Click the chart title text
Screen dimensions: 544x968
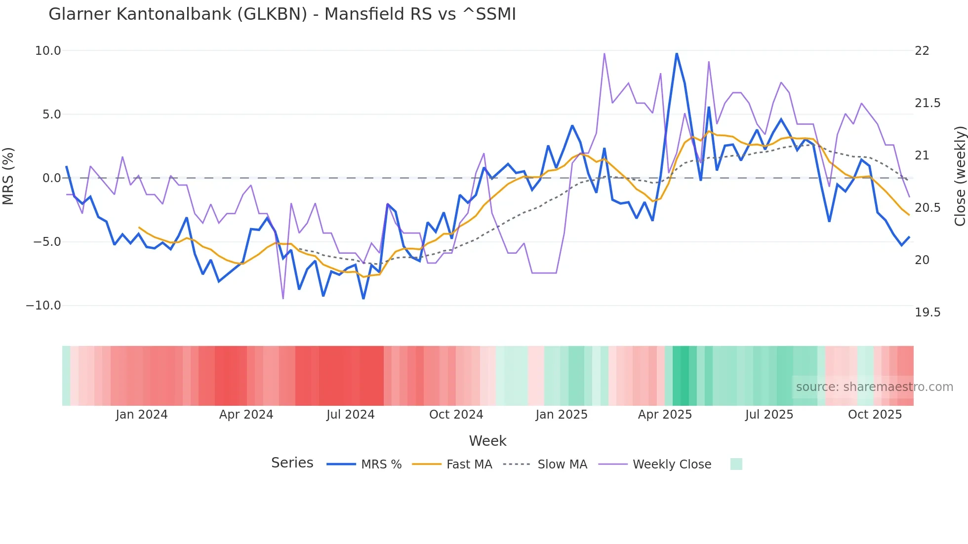point(282,14)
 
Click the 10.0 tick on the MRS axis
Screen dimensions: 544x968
point(48,51)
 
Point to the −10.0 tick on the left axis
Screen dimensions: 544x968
point(43,306)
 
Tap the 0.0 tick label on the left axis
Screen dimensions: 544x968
point(51,178)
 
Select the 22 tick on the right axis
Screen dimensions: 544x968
point(922,51)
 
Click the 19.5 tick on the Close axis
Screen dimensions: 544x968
point(928,312)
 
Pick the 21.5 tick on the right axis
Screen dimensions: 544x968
point(928,103)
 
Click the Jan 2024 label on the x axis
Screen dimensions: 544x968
point(142,415)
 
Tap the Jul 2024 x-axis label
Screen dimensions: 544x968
point(351,415)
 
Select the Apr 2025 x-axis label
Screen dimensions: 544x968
point(665,415)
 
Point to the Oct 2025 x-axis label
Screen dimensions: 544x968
point(875,415)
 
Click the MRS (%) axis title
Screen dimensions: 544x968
point(8,176)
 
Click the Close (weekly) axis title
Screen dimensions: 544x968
point(960,176)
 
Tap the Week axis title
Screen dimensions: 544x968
point(487,441)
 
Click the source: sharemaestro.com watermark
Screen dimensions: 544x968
point(874,387)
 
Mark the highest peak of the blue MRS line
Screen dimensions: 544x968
point(677,53)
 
